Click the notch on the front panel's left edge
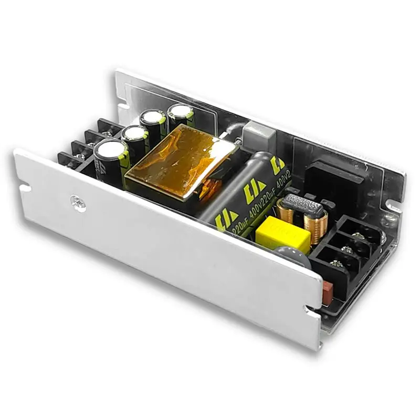point(23,185)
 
